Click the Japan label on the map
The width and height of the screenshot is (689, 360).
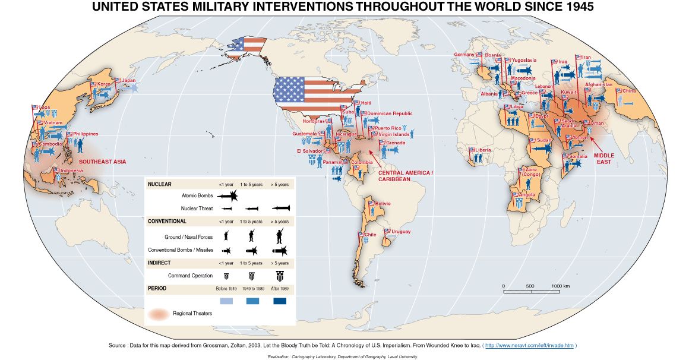pyautogui.click(x=129, y=81)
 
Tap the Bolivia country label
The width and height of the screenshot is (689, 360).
pyautogui.click(x=383, y=204)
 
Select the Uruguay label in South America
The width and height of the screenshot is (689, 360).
pyautogui.click(x=401, y=231)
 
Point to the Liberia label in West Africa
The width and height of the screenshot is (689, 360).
pyautogui.click(x=483, y=150)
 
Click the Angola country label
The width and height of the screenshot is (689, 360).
pyautogui.click(x=527, y=195)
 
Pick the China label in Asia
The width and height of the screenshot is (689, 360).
pyautogui.click(x=629, y=91)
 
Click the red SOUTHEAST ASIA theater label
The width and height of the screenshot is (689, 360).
pyautogui.click(x=103, y=162)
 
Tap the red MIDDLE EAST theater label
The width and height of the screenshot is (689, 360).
pyautogui.click(x=605, y=159)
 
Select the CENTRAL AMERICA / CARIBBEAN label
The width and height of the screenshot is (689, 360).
pyautogui.click(x=406, y=175)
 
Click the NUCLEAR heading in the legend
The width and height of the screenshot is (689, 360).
pyautogui.click(x=160, y=184)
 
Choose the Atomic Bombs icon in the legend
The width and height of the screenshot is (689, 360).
pyautogui.click(x=227, y=195)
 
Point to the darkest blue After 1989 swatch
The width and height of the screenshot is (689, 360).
pyautogui.click(x=280, y=301)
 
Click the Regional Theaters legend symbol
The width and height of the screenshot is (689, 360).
pyautogui.click(x=158, y=313)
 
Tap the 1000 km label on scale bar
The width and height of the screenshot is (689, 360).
pyautogui.click(x=561, y=286)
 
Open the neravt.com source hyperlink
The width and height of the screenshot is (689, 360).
pyautogui.click(x=529, y=345)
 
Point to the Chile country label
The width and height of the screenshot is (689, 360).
pyautogui.click(x=370, y=234)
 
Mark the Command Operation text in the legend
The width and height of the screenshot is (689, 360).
pyautogui.click(x=190, y=276)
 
